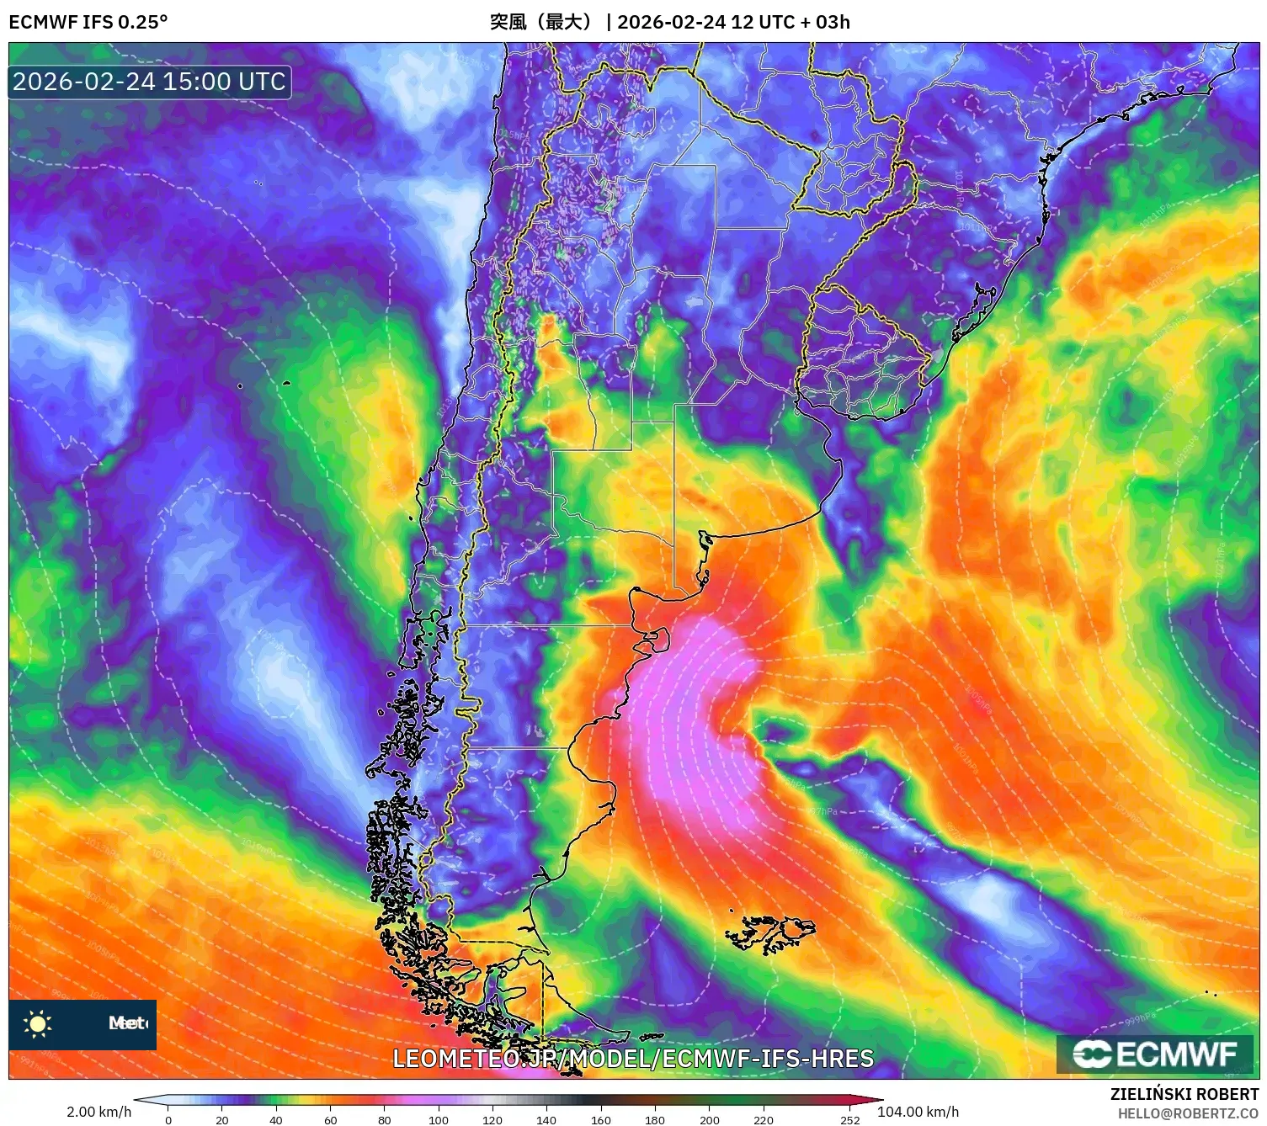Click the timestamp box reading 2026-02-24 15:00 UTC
click(x=150, y=82)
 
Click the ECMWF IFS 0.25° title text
click(x=88, y=22)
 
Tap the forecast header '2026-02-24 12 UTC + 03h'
click(x=733, y=22)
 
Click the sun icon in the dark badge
click(x=38, y=1023)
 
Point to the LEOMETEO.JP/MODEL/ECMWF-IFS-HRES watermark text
click(x=633, y=1059)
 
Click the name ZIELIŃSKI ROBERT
click(x=1184, y=1094)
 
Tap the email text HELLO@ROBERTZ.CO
click(x=1187, y=1113)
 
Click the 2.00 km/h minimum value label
click(x=99, y=1112)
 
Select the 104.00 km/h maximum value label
click(x=918, y=1112)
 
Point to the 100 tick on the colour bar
click(x=439, y=1119)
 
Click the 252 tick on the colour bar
click(x=850, y=1119)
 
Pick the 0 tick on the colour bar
click(x=168, y=1119)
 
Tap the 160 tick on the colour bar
click(x=601, y=1119)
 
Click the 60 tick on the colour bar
click(x=331, y=1119)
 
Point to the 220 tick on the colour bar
click(x=764, y=1119)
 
